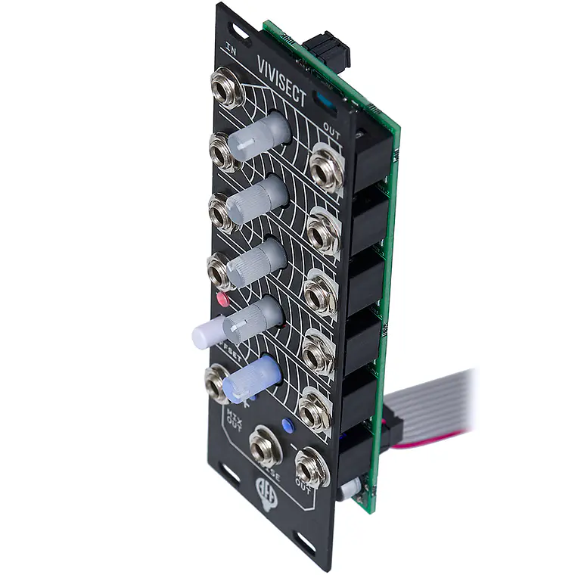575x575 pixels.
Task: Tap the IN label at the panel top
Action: coord(231,47)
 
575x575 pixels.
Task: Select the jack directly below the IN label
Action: coord(226,87)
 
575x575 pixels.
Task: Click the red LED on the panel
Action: coord(222,299)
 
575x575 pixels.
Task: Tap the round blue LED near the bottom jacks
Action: coord(287,425)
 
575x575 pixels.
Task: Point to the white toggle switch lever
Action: coord(207,332)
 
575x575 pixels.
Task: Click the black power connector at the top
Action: coord(327,49)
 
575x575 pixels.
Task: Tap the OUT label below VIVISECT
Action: coord(331,127)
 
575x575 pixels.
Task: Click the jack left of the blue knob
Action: coord(216,381)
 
